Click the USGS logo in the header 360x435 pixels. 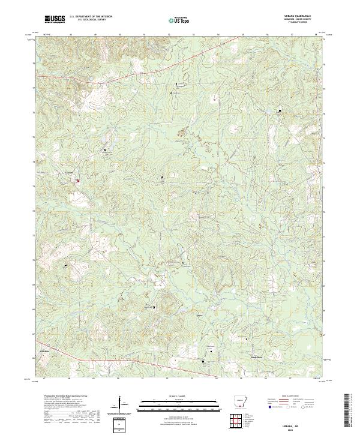[55, 19]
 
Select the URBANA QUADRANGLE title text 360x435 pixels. [301, 16]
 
